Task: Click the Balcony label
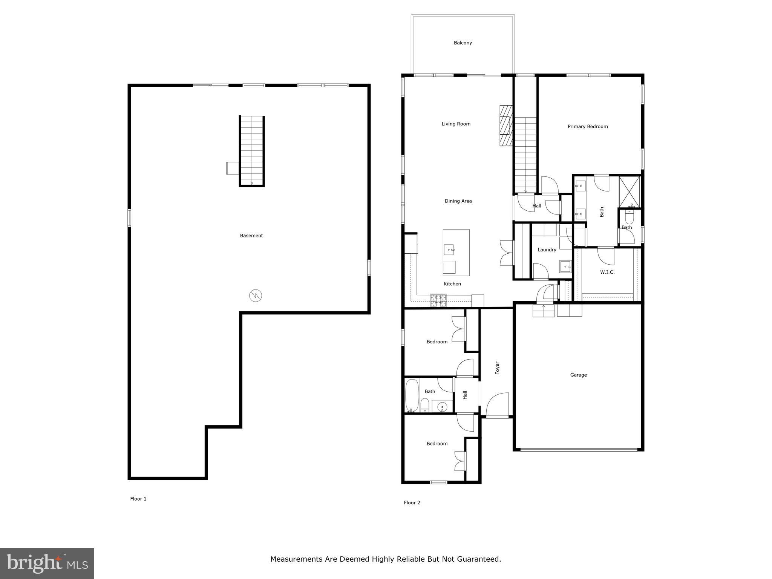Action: (x=463, y=43)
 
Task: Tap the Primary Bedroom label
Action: (x=587, y=127)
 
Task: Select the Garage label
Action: (x=578, y=375)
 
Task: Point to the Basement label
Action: (x=251, y=236)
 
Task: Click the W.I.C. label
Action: (x=607, y=272)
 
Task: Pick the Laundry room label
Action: (x=547, y=250)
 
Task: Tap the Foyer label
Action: (x=497, y=368)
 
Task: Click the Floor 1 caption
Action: (x=138, y=499)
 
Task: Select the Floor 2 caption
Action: (x=412, y=502)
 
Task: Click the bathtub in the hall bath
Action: (x=412, y=395)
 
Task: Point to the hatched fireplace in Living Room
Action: (x=506, y=125)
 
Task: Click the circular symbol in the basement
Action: (x=256, y=296)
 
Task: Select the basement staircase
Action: (x=252, y=151)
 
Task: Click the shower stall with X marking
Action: (x=630, y=192)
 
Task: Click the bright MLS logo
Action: (x=47, y=563)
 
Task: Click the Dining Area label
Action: (x=458, y=201)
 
